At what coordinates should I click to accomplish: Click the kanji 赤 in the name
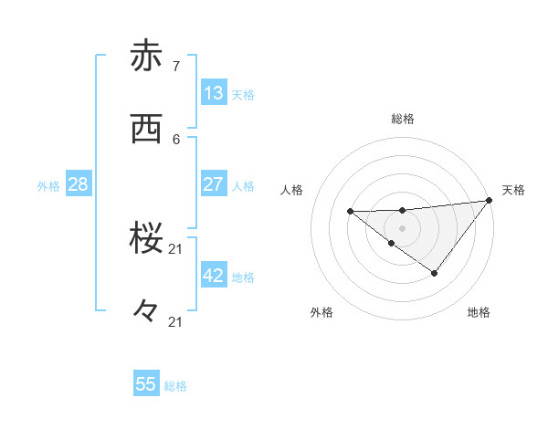click(146, 57)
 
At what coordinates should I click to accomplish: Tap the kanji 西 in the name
click(146, 129)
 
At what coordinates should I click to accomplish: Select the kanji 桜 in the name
click(146, 238)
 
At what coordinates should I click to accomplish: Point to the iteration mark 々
click(146, 310)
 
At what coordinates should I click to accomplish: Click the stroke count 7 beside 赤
click(176, 66)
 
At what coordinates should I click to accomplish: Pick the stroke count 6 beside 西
click(176, 139)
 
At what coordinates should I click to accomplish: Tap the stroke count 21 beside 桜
click(176, 248)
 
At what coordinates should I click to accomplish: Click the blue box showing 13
click(213, 93)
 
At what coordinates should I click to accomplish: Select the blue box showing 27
click(213, 184)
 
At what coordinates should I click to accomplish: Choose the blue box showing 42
click(213, 276)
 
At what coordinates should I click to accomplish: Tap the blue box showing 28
click(78, 184)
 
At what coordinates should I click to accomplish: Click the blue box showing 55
click(146, 384)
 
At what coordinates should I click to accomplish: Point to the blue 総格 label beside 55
click(175, 386)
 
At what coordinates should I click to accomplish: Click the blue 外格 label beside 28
click(48, 186)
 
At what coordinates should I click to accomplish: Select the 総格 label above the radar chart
click(402, 119)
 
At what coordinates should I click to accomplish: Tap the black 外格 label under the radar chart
click(321, 312)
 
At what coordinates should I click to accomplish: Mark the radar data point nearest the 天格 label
click(490, 200)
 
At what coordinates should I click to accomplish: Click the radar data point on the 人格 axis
click(350, 212)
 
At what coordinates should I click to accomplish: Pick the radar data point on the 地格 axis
click(435, 273)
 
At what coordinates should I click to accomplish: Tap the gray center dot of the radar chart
click(402, 227)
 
